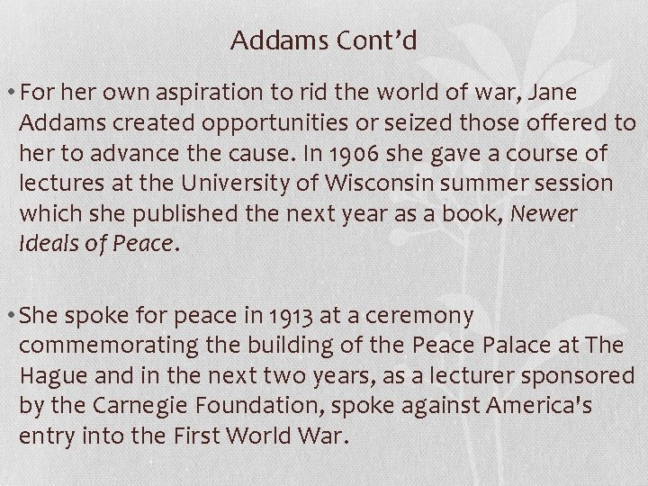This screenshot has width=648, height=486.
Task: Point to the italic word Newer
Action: pos(546,214)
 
